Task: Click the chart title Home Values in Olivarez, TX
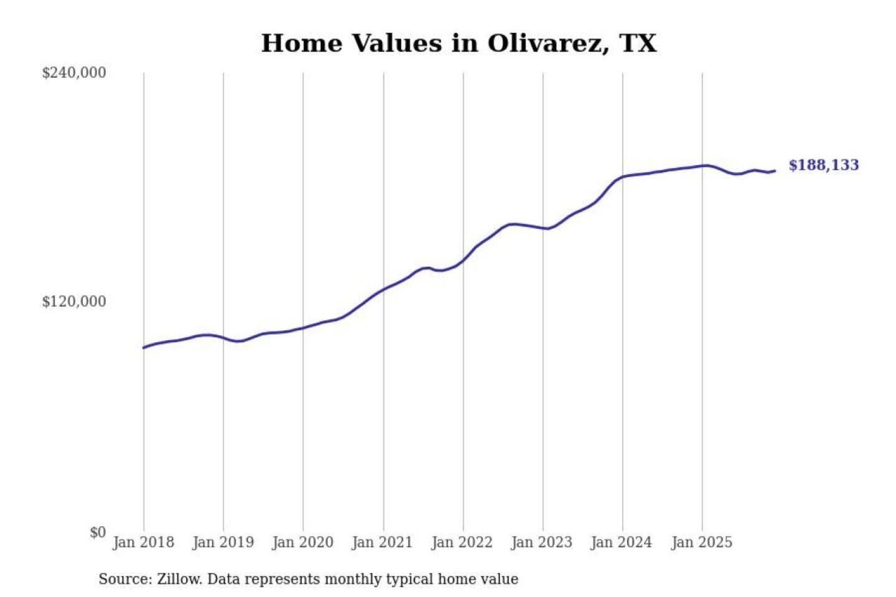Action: point(459,44)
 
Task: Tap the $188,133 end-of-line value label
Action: point(823,165)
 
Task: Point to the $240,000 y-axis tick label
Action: point(74,73)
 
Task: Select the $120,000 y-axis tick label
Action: point(74,302)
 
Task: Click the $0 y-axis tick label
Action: point(98,532)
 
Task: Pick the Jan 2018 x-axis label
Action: point(143,542)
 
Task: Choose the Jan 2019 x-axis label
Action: point(223,542)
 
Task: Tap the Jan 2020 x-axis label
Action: point(302,542)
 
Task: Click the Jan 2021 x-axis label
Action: point(382,542)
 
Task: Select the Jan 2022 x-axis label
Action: point(462,542)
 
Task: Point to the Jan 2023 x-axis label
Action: point(541,542)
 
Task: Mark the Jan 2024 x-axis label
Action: point(621,542)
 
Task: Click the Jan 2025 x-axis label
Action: point(701,542)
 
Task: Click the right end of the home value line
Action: point(775,171)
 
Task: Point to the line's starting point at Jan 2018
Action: point(144,348)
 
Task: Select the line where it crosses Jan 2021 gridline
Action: point(383,289)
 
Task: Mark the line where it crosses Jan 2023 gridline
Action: point(543,228)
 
